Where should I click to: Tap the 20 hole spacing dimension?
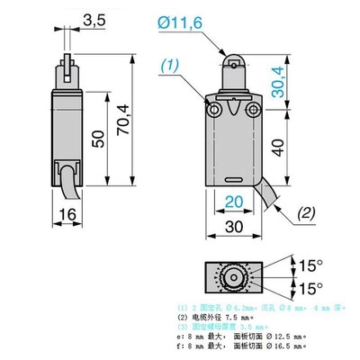(x=233, y=201)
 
